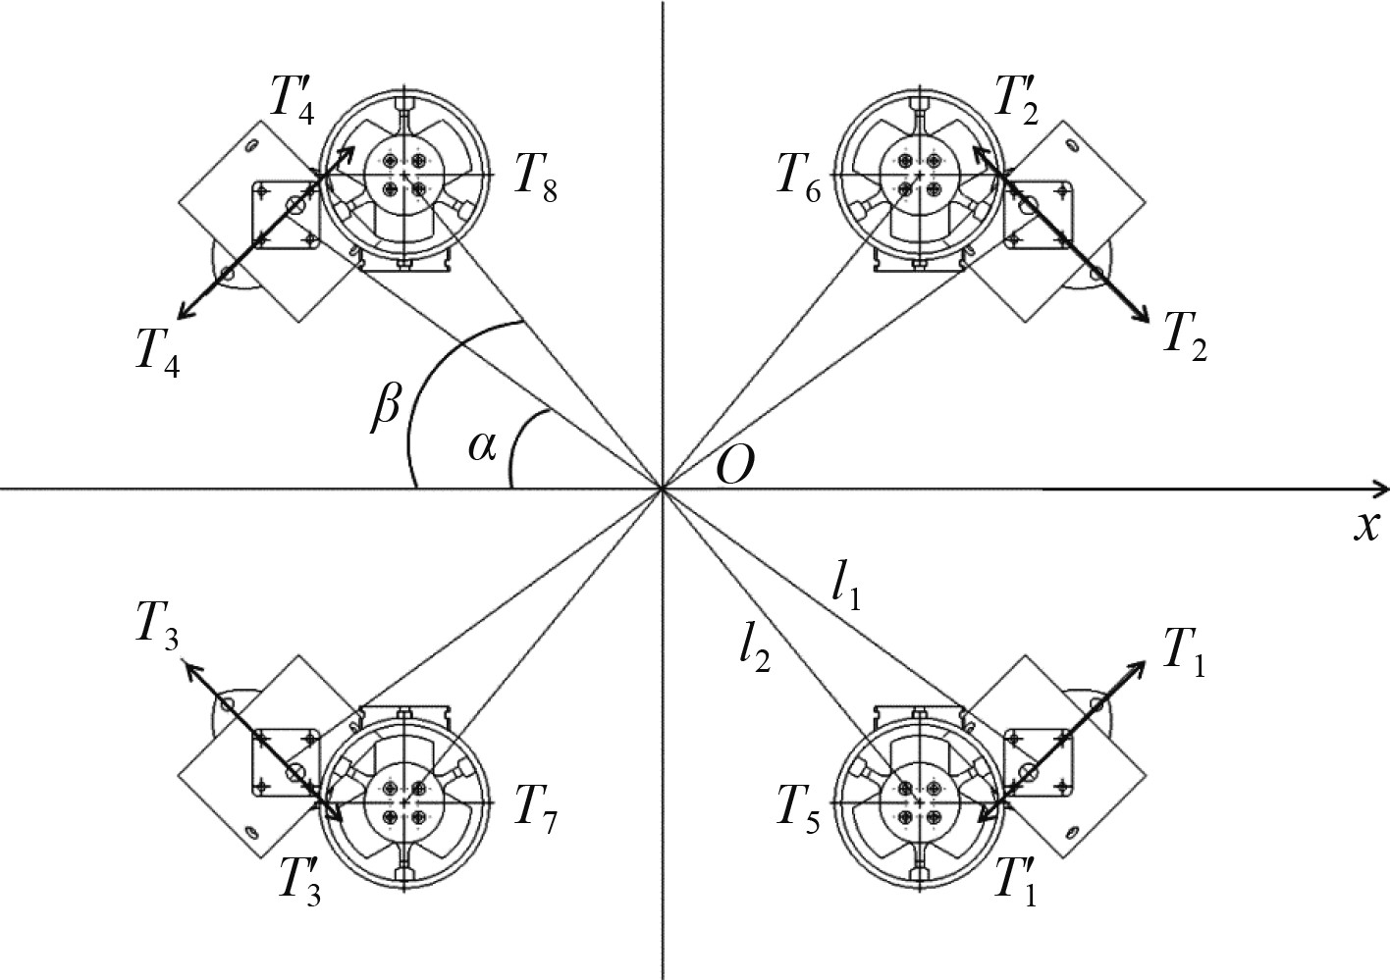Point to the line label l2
pos(755,649)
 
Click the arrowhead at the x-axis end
pos(1381,488)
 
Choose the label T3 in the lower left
pos(158,635)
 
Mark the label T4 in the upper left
pos(158,348)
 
